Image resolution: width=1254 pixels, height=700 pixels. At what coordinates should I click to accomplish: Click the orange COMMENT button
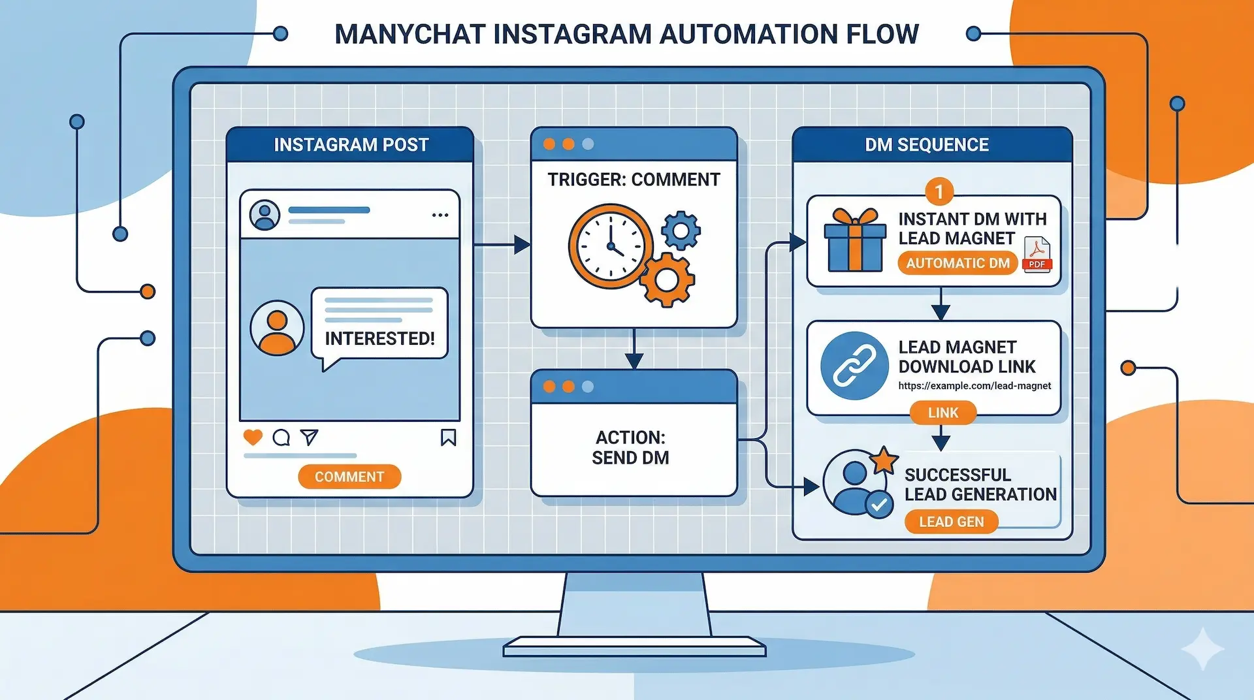[349, 477]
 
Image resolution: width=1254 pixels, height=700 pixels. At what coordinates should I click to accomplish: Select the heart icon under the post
[253, 437]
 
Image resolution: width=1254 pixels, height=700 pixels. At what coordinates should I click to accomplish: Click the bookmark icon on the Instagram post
[448, 437]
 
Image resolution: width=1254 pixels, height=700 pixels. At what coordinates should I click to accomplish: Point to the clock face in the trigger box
[610, 246]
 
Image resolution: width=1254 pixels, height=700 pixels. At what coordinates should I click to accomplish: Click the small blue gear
[681, 230]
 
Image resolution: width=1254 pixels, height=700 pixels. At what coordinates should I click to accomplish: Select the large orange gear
[666, 279]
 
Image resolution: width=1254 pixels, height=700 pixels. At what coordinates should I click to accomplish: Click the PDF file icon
[1037, 254]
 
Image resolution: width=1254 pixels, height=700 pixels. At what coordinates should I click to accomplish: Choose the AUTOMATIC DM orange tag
[957, 263]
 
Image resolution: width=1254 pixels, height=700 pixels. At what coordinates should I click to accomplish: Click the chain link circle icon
[854, 366]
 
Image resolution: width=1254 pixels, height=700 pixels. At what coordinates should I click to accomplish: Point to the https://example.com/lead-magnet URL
[974, 386]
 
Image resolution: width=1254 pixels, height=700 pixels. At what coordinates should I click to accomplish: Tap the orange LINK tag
[943, 413]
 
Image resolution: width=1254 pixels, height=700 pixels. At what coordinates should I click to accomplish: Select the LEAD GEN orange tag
[951, 522]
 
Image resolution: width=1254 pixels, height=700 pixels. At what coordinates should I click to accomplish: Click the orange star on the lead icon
[884, 460]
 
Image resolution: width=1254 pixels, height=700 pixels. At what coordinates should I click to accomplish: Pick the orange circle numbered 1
[939, 191]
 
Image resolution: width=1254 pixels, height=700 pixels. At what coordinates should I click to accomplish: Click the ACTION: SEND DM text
[630, 447]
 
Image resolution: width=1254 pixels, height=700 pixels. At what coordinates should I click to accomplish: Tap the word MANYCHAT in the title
[410, 34]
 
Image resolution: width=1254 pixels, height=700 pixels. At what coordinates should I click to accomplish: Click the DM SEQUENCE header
[927, 144]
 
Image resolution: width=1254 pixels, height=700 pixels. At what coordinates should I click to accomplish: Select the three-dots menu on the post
[440, 215]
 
